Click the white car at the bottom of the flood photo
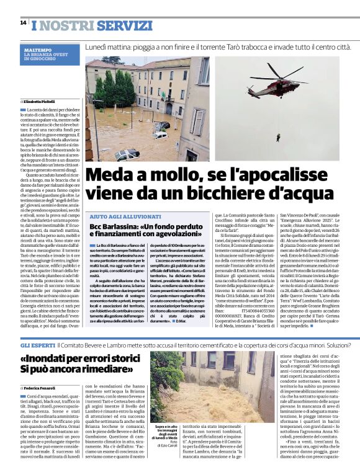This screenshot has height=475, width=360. tap(127, 154)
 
